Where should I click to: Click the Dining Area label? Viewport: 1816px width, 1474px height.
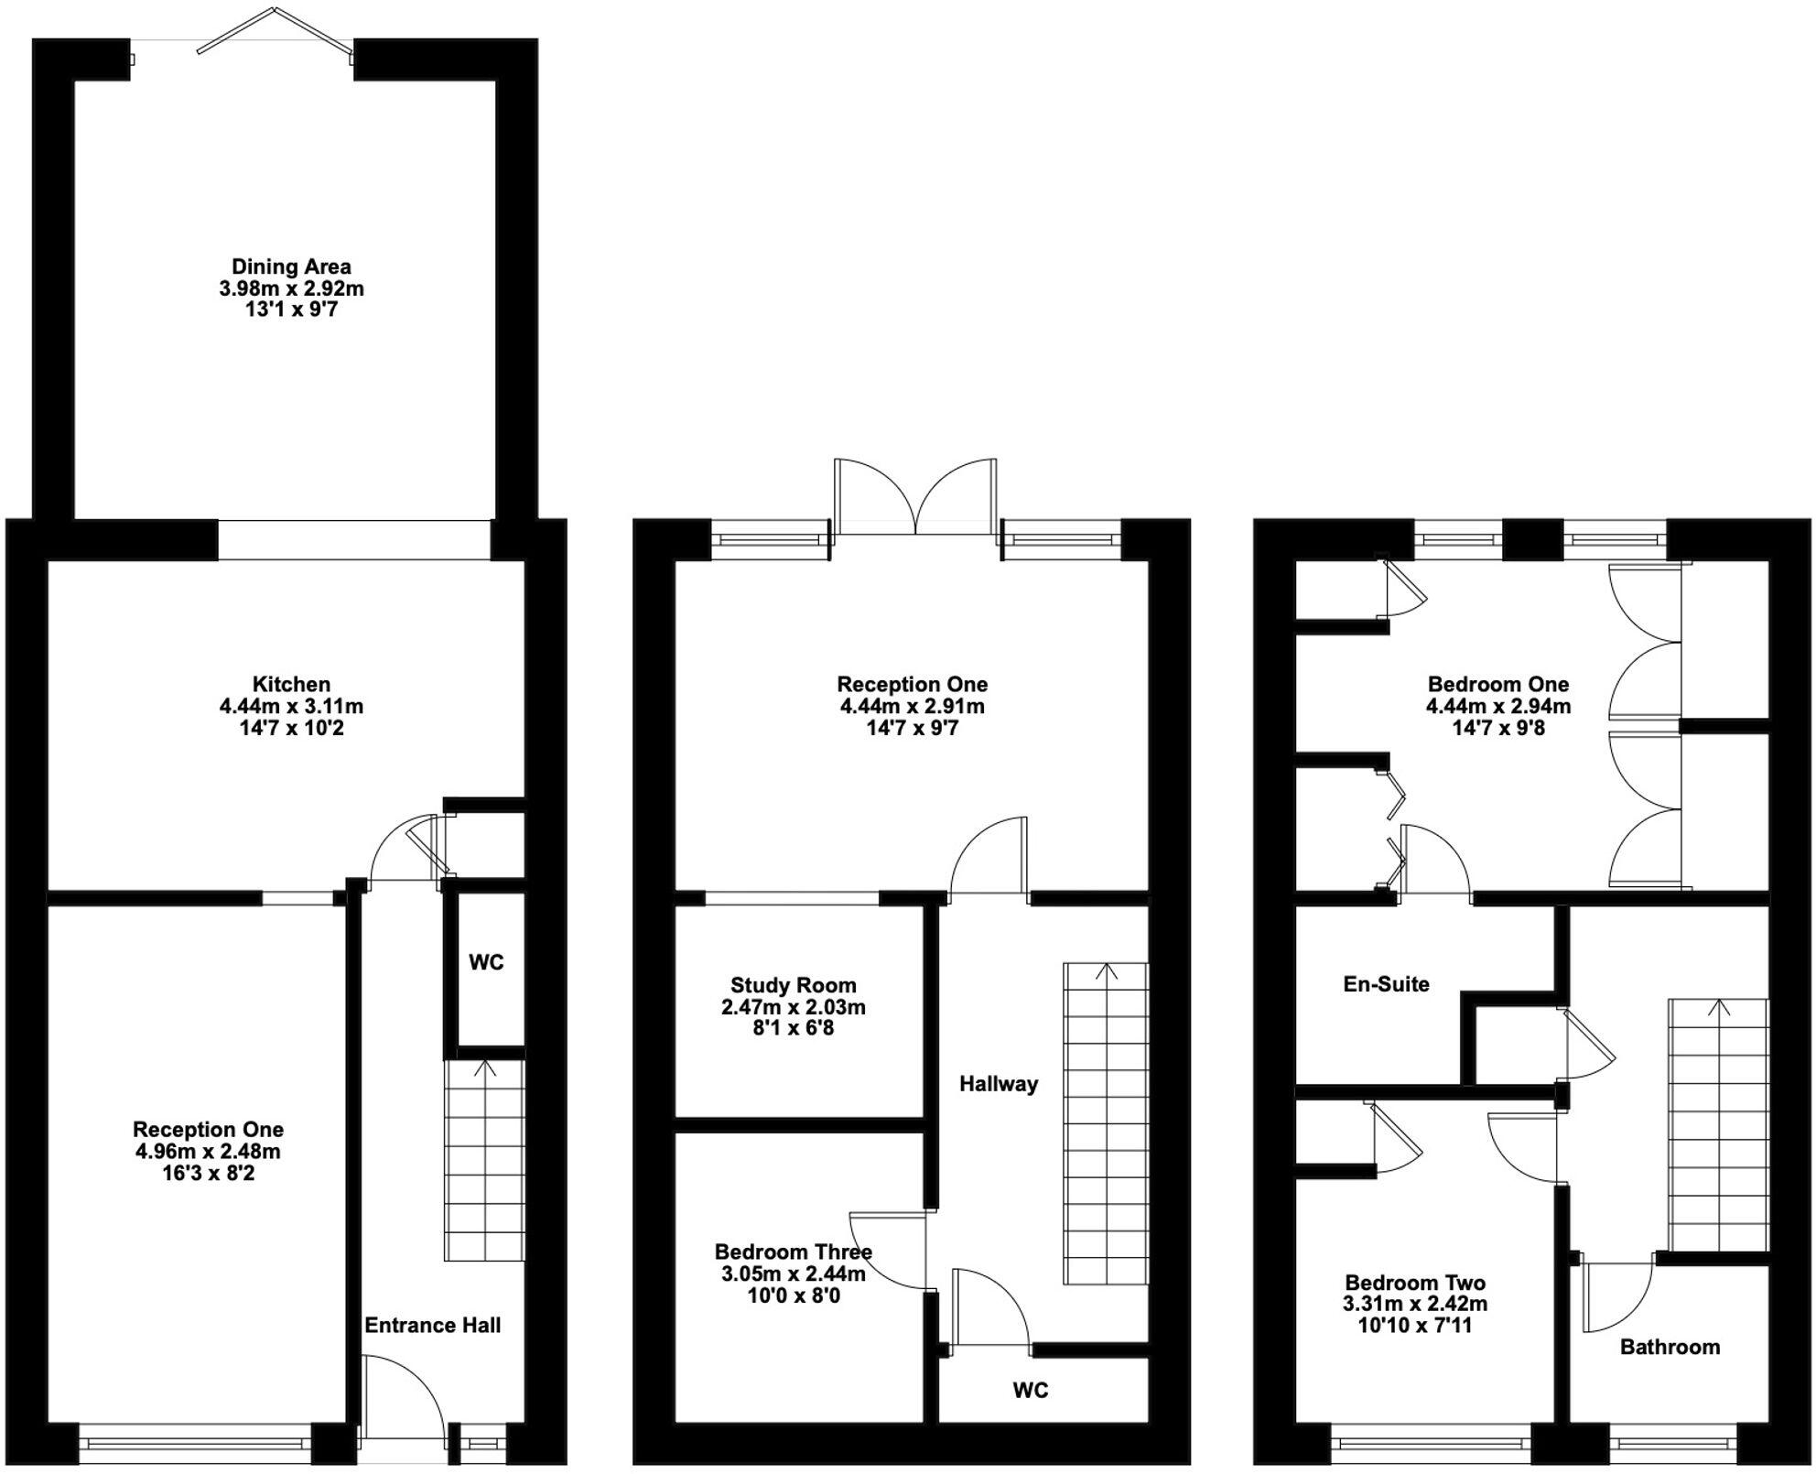point(291,266)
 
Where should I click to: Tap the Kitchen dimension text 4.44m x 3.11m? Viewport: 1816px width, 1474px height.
point(291,706)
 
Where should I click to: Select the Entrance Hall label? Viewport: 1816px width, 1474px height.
point(432,1325)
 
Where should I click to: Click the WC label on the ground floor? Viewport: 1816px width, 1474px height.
point(486,962)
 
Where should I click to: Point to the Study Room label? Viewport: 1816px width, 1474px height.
point(794,985)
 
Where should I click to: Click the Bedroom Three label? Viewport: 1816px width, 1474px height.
point(794,1252)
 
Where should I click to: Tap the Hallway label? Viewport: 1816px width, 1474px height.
point(999,1084)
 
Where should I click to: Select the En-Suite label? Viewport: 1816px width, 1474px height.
point(1386,984)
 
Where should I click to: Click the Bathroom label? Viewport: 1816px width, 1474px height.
point(1670,1347)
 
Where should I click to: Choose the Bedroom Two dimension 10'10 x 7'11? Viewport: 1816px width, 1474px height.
point(1415,1325)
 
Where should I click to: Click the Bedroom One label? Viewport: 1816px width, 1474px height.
point(1498,684)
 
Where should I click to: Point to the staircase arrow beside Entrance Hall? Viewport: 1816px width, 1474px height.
point(484,1068)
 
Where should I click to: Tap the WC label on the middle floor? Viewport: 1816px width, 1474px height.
point(1030,1390)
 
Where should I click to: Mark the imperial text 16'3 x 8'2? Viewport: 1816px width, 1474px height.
point(208,1173)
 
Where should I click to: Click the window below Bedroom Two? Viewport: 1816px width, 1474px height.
point(1431,1445)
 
